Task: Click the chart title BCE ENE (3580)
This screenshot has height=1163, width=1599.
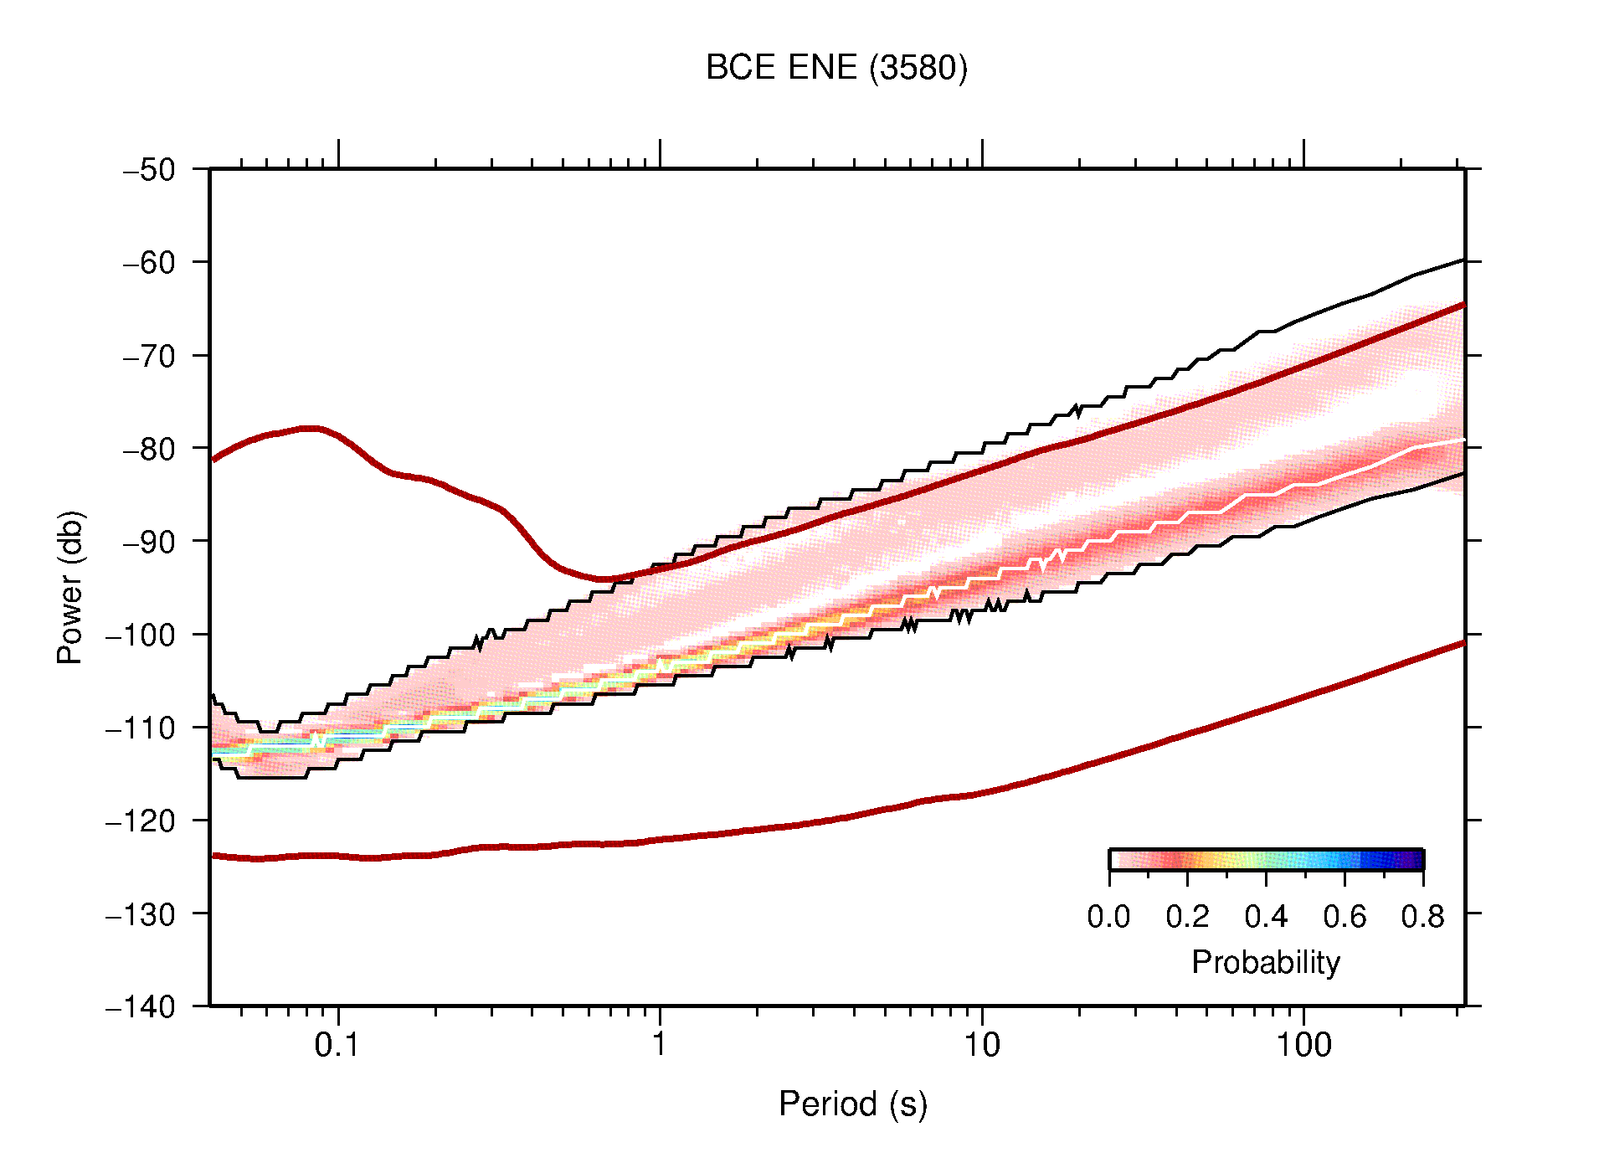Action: click(835, 68)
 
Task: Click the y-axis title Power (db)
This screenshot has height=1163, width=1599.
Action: click(70, 587)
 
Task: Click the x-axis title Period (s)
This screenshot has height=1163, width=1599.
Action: click(852, 1104)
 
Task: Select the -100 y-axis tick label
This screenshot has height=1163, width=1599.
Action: click(141, 635)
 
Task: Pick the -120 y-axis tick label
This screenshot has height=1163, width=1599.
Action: click(141, 821)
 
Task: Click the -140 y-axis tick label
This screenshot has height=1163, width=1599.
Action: click(141, 1006)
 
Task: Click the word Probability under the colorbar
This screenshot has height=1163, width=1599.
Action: click(1265, 962)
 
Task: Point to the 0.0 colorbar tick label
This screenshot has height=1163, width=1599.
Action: click(1108, 917)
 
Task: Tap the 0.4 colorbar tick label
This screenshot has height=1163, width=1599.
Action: click(1266, 917)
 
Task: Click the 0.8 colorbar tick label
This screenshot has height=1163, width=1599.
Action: click(1422, 917)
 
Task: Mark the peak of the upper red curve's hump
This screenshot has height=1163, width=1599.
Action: click(310, 428)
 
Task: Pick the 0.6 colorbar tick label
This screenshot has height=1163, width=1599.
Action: click(1344, 917)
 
